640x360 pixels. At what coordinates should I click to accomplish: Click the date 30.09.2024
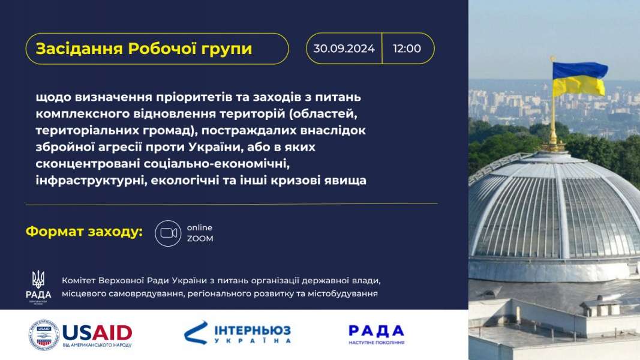coord(344,49)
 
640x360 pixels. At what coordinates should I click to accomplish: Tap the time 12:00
coord(407,49)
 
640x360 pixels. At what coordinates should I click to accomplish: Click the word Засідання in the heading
coord(79,49)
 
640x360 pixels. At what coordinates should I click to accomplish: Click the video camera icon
coord(168,233)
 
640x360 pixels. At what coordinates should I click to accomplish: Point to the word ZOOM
coord(200,238)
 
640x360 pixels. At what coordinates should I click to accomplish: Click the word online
coord(200,227)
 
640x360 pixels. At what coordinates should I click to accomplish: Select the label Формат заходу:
coord(84,232)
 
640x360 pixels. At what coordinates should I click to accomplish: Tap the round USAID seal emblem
coord(44,335)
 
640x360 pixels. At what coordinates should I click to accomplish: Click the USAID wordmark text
coord(97,332)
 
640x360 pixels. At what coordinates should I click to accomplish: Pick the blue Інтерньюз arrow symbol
coord(196,332)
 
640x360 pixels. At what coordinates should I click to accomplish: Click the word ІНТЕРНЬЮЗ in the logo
coord(253,330)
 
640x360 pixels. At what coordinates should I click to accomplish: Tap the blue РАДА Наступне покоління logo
coord(376,334)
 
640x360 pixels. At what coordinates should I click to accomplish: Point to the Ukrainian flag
coord(580,79)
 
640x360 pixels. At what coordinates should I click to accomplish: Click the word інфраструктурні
coord(91,180)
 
